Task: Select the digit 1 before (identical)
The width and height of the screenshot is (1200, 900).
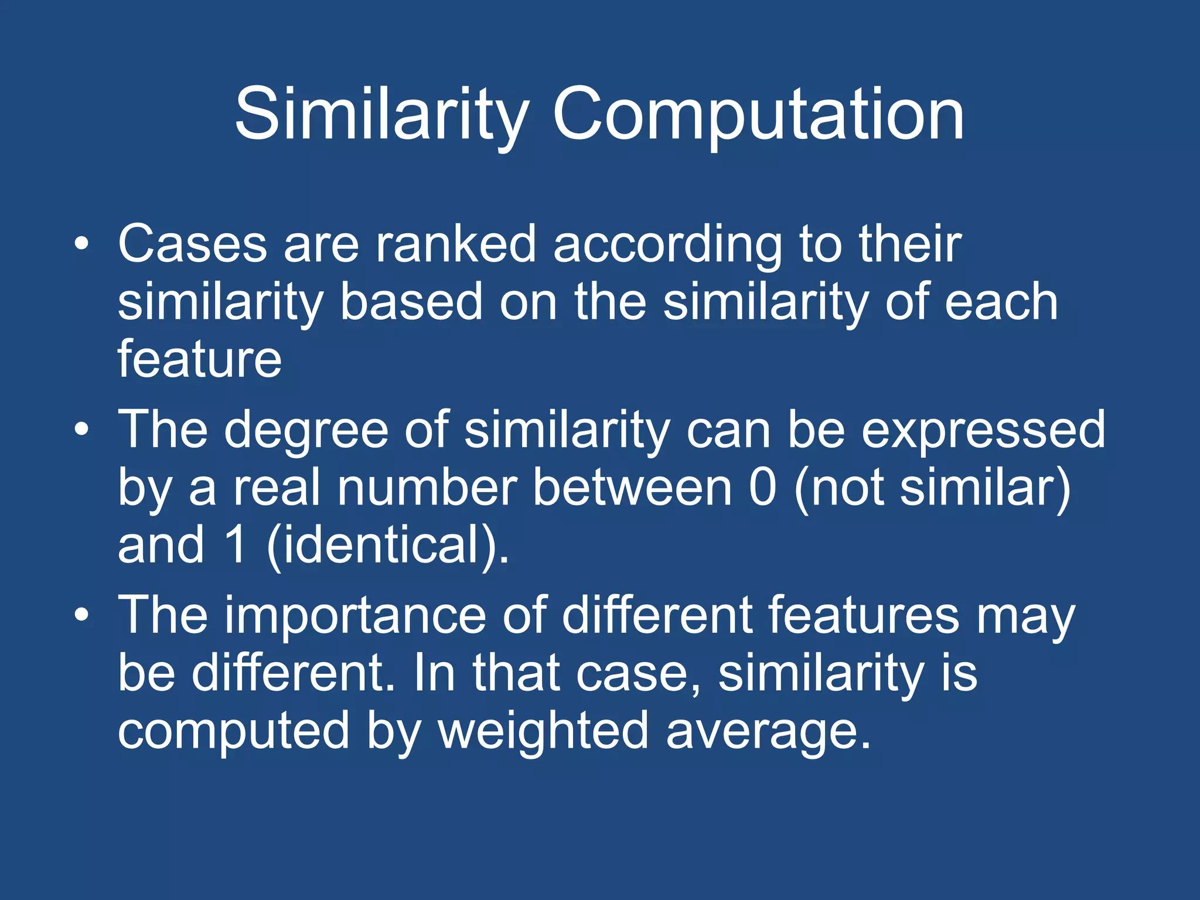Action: pyautogui.click(x=236, y=545)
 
